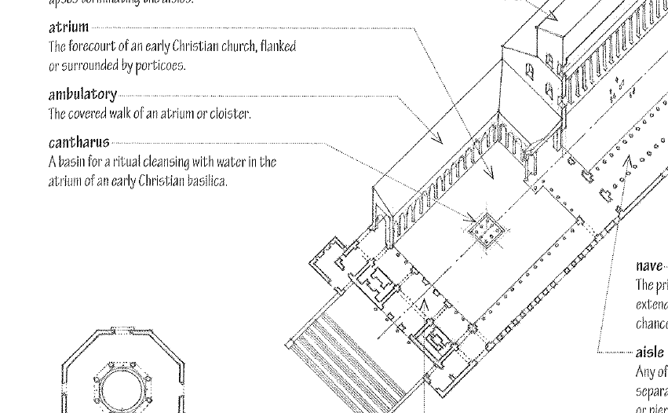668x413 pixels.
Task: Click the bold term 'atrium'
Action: pos(68,28)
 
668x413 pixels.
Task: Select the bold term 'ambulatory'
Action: pos(82,95)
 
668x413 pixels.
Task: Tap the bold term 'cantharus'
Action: pos(78,143)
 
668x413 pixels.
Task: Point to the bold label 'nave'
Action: pos(649,267)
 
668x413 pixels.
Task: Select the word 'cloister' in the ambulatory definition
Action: pos(232,114)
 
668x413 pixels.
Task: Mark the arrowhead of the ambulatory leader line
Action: pos(438,140)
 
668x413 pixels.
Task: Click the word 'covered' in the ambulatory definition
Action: pos(89,114)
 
